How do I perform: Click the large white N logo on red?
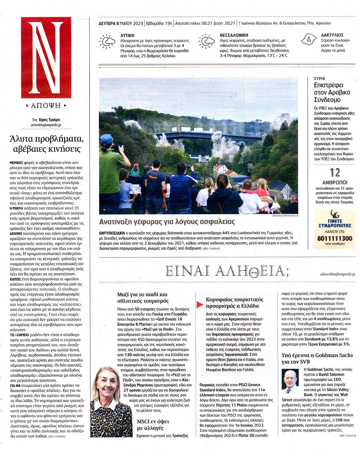click(x=46, y=57)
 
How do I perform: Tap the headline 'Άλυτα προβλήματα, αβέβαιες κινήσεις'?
click(x=46, y=143)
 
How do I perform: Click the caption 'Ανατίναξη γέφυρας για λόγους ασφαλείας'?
click(x=167, y=221)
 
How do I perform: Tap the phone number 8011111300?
click(x=334, y=238)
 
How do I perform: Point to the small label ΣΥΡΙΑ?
click(x=319, y=79)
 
